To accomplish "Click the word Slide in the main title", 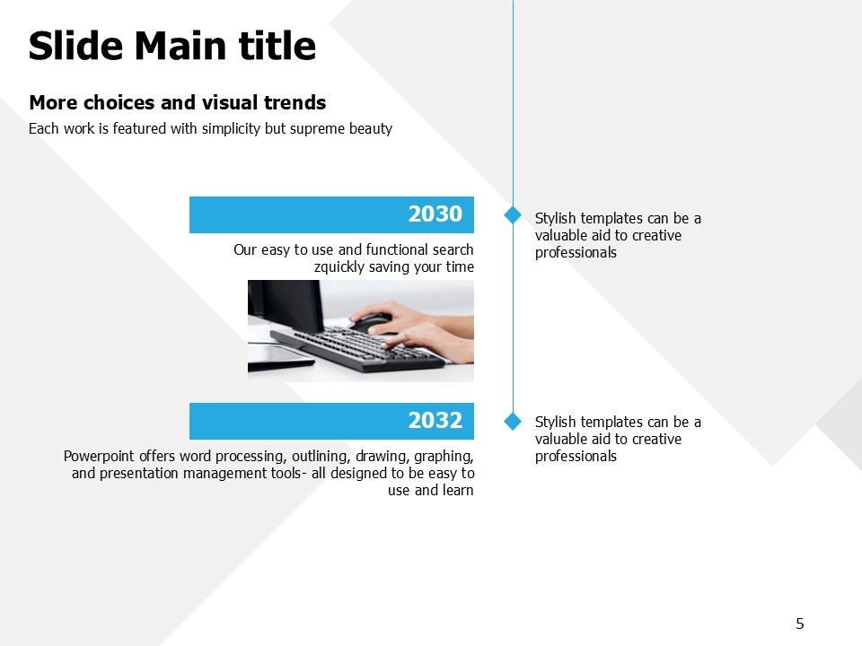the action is pos(75,46).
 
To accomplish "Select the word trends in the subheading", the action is pos(295,102).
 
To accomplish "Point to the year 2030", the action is pos(435,214).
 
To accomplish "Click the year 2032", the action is pos(435,421).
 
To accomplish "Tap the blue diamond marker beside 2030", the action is pos(513,214).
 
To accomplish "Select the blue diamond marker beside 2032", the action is pos(513,422).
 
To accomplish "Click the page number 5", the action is pos(800,624).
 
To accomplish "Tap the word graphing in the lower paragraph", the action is pos(444,457).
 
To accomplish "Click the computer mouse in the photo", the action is pos(371,322).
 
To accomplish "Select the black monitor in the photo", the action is pos(286,305).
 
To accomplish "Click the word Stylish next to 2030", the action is pos(556,219).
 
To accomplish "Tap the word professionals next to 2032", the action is pos(576,457).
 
